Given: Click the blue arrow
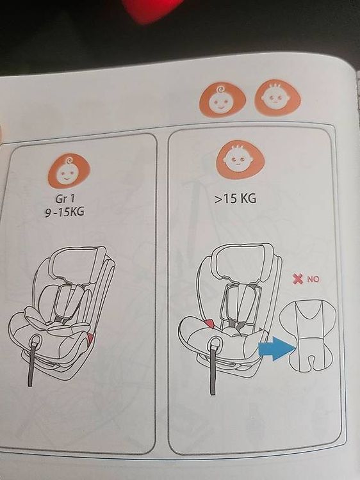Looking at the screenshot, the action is (275, 348).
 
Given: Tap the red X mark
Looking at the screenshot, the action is (297, 278).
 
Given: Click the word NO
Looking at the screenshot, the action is (313, 279).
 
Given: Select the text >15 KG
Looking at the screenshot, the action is (235, 198).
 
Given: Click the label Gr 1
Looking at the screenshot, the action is (65, 199).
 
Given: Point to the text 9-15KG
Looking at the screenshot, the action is (65, 212).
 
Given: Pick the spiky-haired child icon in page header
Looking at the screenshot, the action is (277, 97).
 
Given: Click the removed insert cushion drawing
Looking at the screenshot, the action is (309, 335).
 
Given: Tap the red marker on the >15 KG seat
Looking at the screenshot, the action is (210, 323).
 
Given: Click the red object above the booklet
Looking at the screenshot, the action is (150, 8).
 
